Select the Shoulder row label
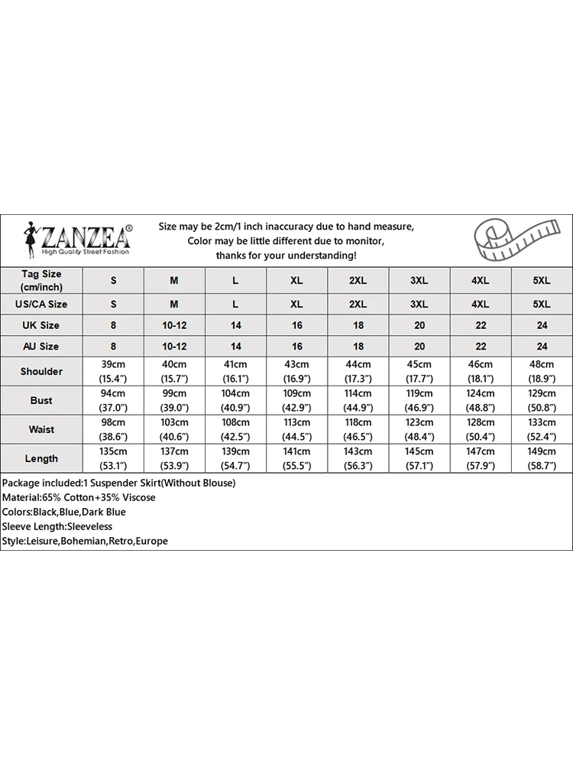[x=42, y=371]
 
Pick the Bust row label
[x=42, y=400]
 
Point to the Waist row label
[x=42, y=429]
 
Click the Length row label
[x=42, y=458]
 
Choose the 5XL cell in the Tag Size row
[x=541, y=281]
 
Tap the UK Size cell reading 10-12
[x=174, y=325]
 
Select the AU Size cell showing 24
[x=541, y=347]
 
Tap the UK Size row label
[x=42, y=325]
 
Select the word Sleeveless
[x=90, y=526]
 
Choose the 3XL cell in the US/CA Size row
[x=419, y=304]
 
